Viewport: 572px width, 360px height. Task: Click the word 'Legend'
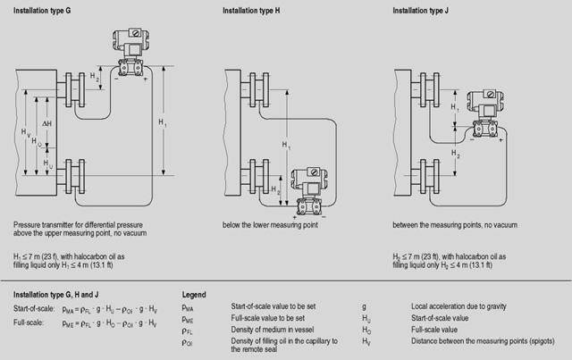pyautogui.click(x=194, y=294)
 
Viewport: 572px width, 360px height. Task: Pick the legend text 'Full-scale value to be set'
pyautogui.click(x=265, y=317)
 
